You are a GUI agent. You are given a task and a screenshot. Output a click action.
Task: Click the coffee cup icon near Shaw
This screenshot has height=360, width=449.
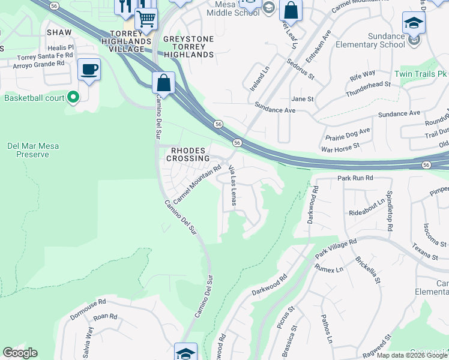point(89,70)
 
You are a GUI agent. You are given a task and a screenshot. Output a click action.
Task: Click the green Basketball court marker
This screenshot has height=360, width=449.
point(73,97)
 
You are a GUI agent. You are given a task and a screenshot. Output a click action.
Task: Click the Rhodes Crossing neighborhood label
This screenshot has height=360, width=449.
point(188,154)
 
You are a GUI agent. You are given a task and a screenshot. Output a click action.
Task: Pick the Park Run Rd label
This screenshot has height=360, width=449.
point(355,178)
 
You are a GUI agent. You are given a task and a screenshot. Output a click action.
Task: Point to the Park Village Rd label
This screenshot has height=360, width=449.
point(336,249)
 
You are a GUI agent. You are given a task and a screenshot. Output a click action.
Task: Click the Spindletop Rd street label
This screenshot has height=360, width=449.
point(390,212)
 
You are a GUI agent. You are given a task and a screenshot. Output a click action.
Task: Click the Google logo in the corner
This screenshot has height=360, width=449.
point(20,353)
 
